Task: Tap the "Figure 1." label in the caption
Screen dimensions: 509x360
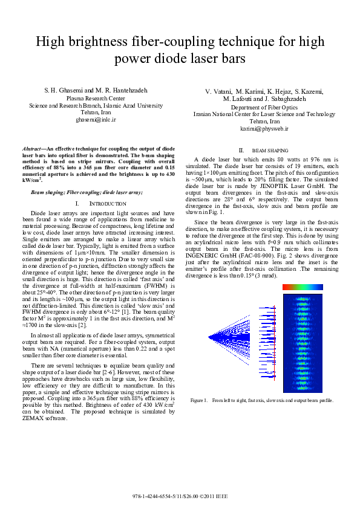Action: pyautogui.click(x=199, y=400)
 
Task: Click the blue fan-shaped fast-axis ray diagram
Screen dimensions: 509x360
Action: pyautogui.click(x=230, y=336)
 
